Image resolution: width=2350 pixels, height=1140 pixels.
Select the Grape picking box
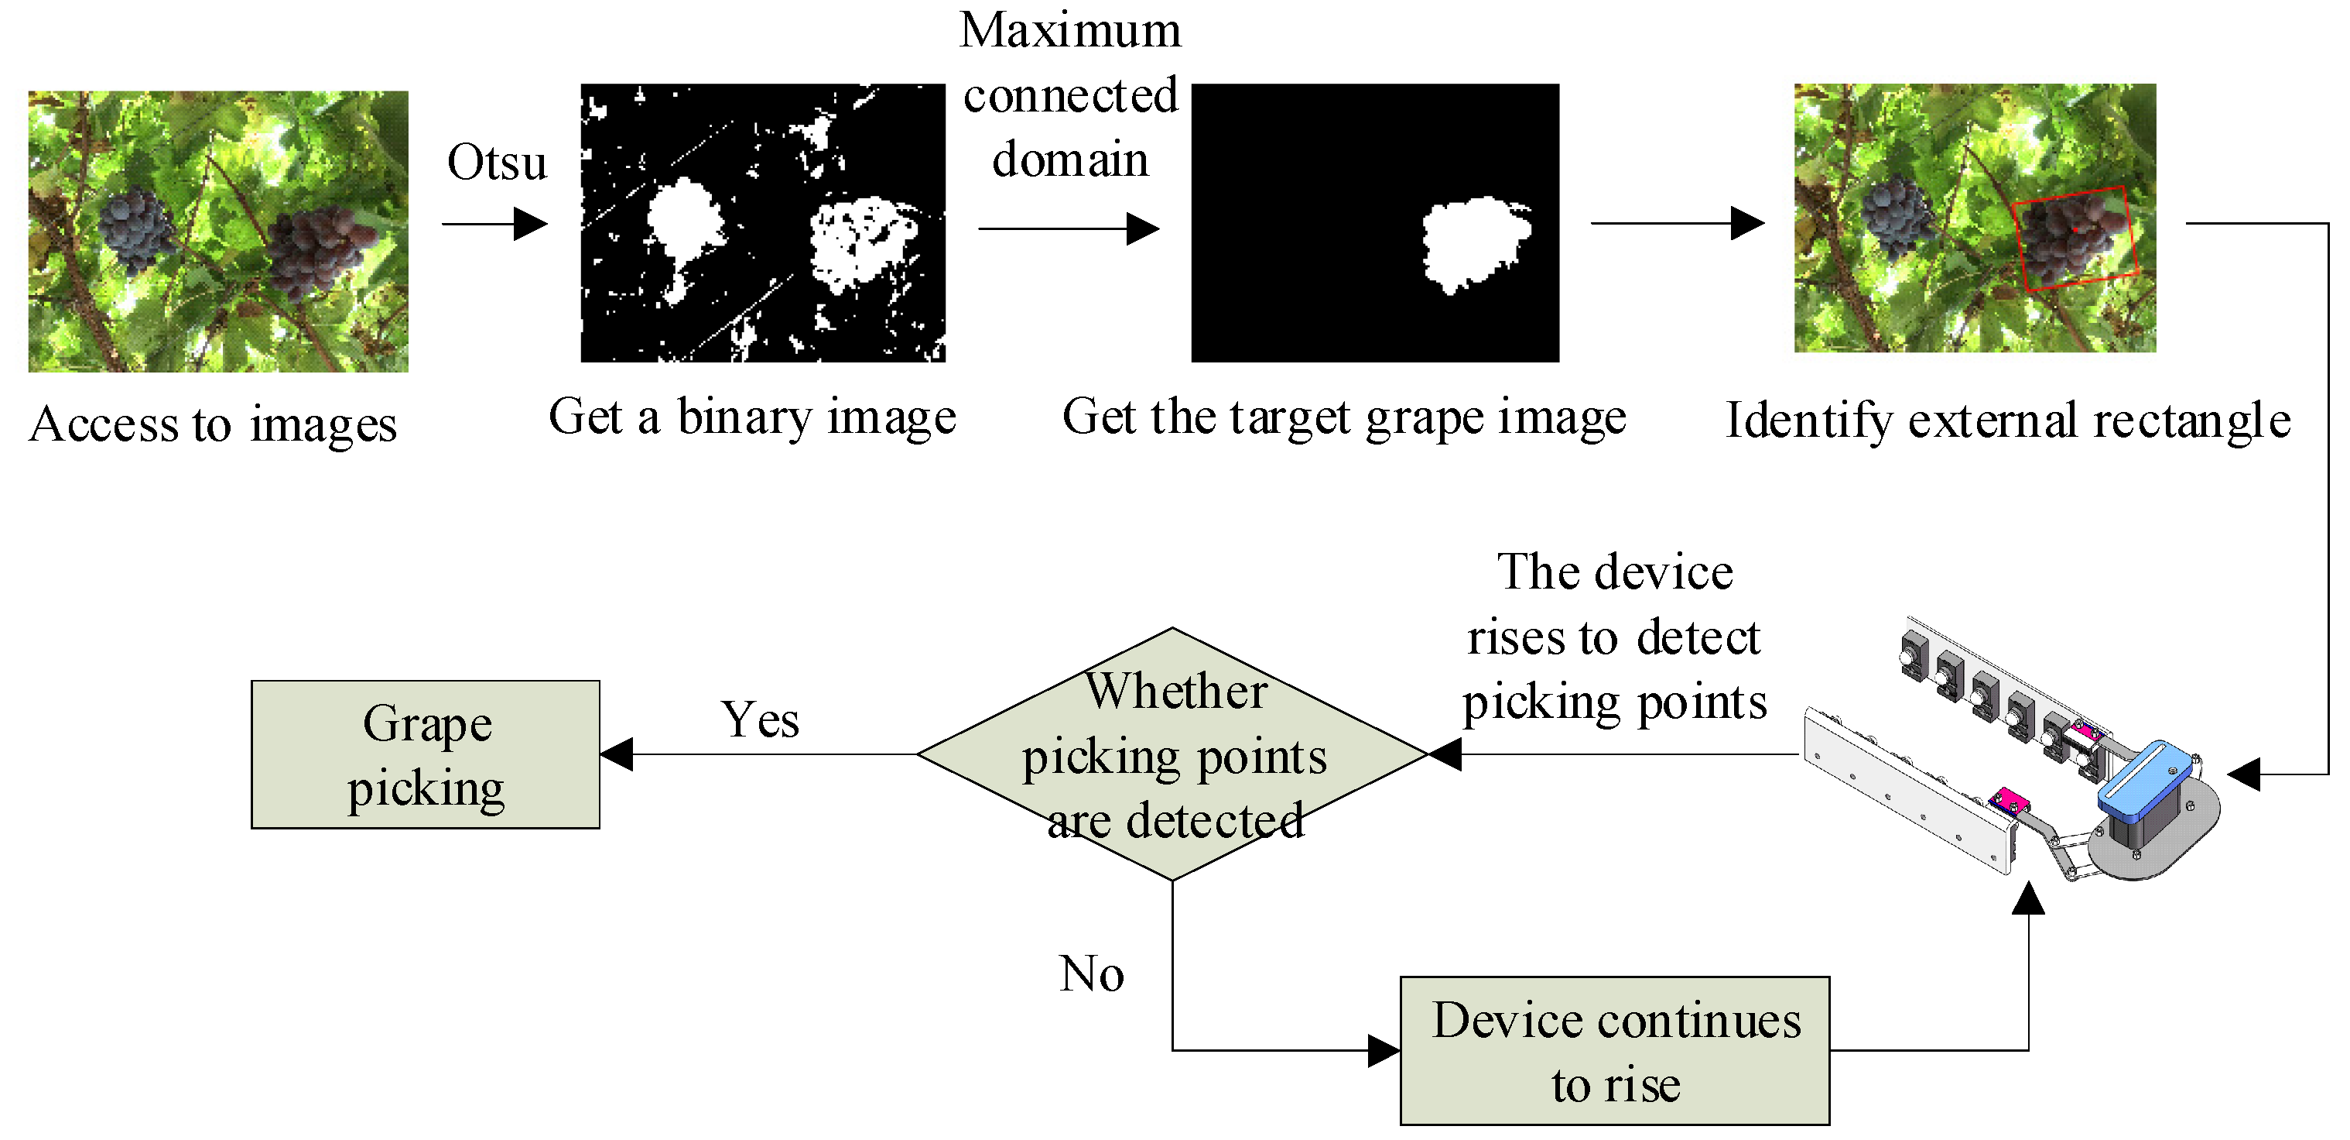pos(425,755)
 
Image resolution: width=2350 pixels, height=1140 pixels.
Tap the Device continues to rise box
pos(1615,1051)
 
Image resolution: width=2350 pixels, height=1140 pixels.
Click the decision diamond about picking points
pos(1172,754)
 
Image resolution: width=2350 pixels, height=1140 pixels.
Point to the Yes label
pos(759,720)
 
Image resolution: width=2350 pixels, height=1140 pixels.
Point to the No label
pos(1091,974)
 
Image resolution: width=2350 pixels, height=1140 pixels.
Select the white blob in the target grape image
pos(1475,242)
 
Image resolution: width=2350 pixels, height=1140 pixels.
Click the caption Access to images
pos(213,424)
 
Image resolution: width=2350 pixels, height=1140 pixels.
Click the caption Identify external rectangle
pos(2007,421)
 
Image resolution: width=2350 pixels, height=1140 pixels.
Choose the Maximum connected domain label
pos(1069,95)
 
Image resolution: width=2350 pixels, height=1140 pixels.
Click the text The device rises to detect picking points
pos(1614,637)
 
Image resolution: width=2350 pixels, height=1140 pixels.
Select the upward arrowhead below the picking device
pos(2028,898)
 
